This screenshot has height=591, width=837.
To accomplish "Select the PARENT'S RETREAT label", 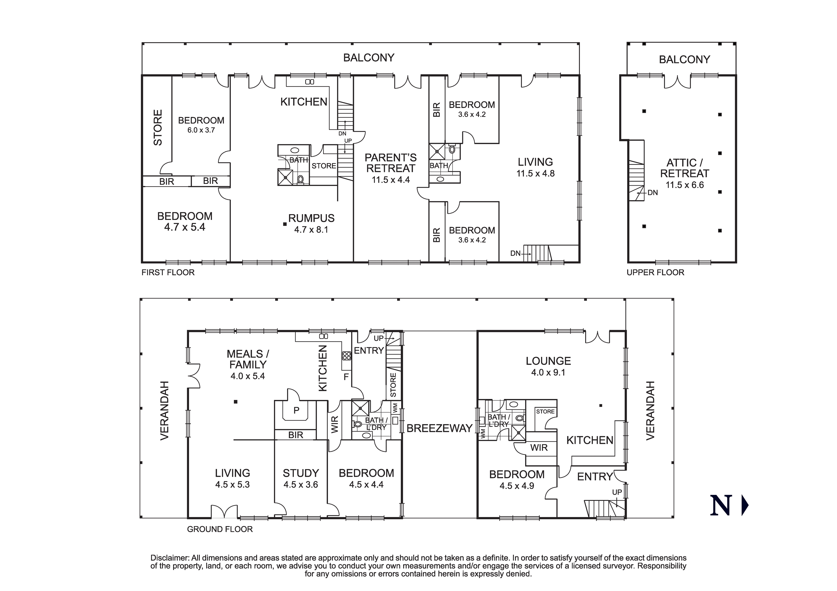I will pyautogui.click(x=390, y=163).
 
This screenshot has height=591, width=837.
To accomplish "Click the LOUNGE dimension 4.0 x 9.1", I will pyautogui.click(x=548, y=372).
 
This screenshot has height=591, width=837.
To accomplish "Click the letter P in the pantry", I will pyautogui.click(x=296, y=410).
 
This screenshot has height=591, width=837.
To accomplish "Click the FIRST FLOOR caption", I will pyautogui.click(x=168, y=273).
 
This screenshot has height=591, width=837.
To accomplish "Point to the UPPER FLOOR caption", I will pyautogui.click(x=655, y=273).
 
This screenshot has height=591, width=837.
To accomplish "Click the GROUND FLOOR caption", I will pyautogui.click(x=220, y=529).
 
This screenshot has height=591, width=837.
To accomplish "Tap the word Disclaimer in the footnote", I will pyautogui.click(x=169, y=558).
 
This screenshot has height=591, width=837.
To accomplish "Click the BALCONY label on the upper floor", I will pyautogui.click(x=684, y=59).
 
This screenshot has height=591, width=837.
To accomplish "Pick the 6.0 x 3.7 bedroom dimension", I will pyautogui.click(x=201, y=130).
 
